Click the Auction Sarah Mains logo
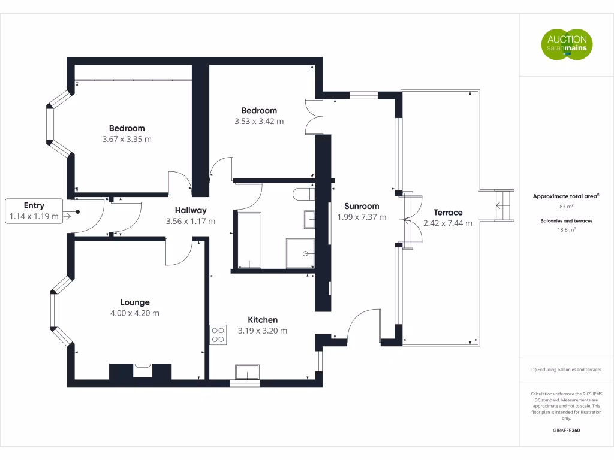[x=567, y=44]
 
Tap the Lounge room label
[x=135, y=302]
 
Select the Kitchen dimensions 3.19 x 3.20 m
[x=263, y=331]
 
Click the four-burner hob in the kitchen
[x=218, y=335]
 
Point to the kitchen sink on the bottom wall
[x=247, y=371]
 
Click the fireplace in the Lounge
[x=142, y=370]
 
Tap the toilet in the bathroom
[x=303, y=195]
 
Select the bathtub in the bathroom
[x=249, y=240]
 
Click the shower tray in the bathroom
[x=300, y=253]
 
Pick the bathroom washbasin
[x=309, y=219]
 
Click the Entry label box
[x=34, y=211]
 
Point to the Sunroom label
[x=362, y=206]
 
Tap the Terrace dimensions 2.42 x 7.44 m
[x=447, y=223]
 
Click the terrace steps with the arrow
[x=504, y=206]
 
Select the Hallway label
[x=190, y=210]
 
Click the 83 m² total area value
[x=566, y=207]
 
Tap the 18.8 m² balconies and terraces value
[x=566, y=229]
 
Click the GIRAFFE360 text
[x=566, y=430]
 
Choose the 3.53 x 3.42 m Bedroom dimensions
[x=259, y=121]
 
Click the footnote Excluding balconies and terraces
[x=566, y=370]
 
